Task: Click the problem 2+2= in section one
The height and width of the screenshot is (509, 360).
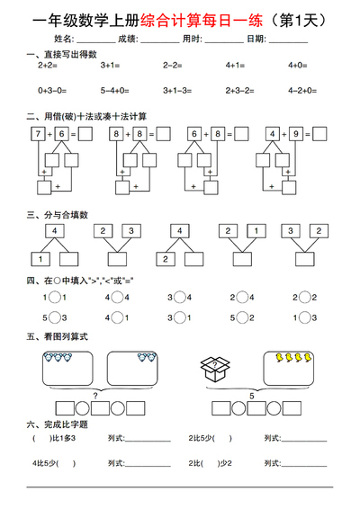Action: tap(48, 66)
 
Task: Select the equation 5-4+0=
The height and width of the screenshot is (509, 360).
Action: tap(114, 90)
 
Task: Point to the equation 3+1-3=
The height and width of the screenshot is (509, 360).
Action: tap(177, 90)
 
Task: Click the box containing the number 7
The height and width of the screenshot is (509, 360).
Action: tap(37, 134)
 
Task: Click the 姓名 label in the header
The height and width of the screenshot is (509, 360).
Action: tap(64, 40)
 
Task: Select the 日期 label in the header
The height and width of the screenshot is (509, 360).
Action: tap(256, 40)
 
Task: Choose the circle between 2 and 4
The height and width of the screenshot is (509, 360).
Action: tap(242, 297)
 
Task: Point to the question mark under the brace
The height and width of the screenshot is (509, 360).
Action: tap(95, 393)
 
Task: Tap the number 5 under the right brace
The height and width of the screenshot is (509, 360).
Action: tap(252, 393)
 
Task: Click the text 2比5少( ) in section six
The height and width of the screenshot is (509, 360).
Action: tap(211, 438)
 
